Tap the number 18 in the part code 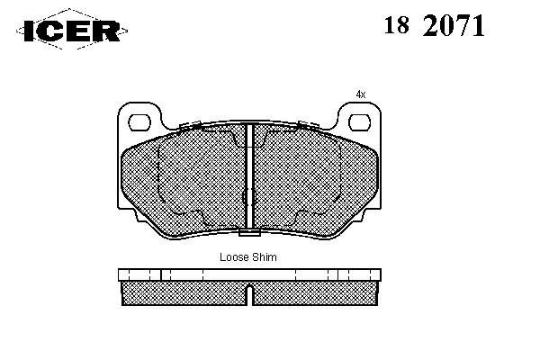(x=397, y=25)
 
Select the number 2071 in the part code (x=454, y=26)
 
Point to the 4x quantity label (x=361, y=94)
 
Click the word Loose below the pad (x=235, y=257)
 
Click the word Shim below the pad (x=264, y=257)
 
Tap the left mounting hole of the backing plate (x=139, y=122)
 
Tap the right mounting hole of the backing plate (x=359, y=122)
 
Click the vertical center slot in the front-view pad (x=250, y=175)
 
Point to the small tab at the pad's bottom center (x=249, y=233)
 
